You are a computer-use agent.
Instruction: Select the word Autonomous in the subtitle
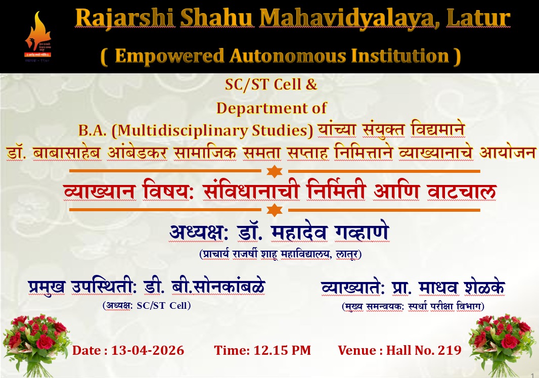pos(288,56)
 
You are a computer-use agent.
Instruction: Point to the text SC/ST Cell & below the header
pos(271,84)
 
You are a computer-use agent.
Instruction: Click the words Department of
pos(271,108)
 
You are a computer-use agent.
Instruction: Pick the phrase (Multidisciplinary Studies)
pos(212,130)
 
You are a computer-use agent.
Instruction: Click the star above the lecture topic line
pos(275,171)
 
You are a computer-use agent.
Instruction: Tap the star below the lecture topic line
pos(275,210)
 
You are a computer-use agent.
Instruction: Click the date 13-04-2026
pos(148,350)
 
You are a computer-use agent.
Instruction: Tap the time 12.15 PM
pos(282,350)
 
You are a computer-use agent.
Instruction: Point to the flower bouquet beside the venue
pos(502,345)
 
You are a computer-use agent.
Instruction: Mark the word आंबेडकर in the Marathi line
pos(138,153)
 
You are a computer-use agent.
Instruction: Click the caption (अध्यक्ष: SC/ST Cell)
pos(147,306)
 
